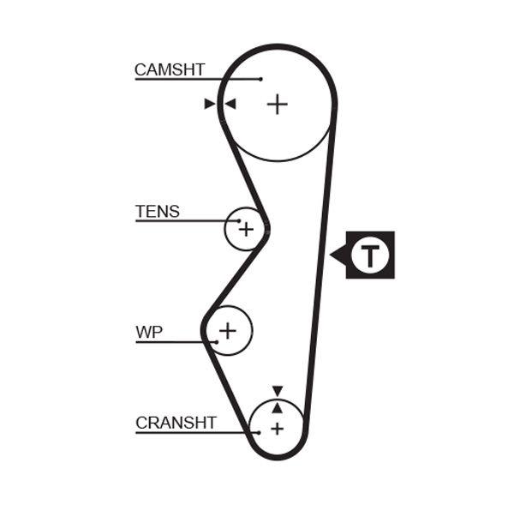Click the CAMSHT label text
[x=170, y=69]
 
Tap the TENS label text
[x=158, y=211]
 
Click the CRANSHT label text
[x=176, y=423]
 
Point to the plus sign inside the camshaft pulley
[x=277, y=105]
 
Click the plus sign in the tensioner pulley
[x=246, y=229]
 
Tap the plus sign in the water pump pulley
[x=228, y=329]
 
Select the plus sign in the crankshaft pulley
[x=277, y=428]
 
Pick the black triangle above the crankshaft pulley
[x=277, y=391]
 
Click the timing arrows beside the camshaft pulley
[x=220, y=105]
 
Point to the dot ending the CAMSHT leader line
[x=260, y=80]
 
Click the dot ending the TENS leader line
[x=239, y=221]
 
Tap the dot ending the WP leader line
[x=217, y=342]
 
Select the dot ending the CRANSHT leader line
[x=260, y=432]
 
